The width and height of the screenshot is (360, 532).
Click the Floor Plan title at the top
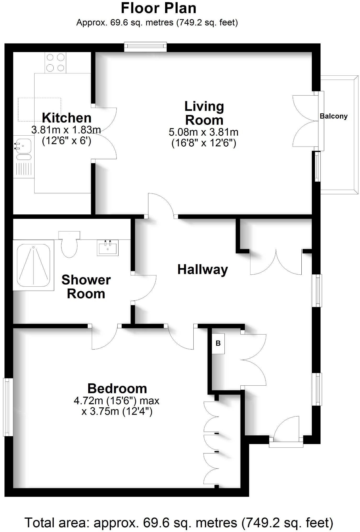159,8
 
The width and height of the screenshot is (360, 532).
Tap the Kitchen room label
67,118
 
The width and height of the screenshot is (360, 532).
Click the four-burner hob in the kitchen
55,63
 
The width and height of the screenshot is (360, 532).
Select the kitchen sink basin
23,145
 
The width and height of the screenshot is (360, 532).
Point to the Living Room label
204,113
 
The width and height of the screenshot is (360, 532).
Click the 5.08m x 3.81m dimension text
204,132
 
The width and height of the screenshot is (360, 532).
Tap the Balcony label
334,116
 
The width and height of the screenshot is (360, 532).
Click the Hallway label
203,270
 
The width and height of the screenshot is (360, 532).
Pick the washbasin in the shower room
108,248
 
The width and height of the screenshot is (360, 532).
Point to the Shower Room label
86,287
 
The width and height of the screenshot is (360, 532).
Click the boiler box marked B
218,343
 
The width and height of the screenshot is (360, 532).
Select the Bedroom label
117,389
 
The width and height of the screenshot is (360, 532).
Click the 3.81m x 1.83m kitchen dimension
66,130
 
